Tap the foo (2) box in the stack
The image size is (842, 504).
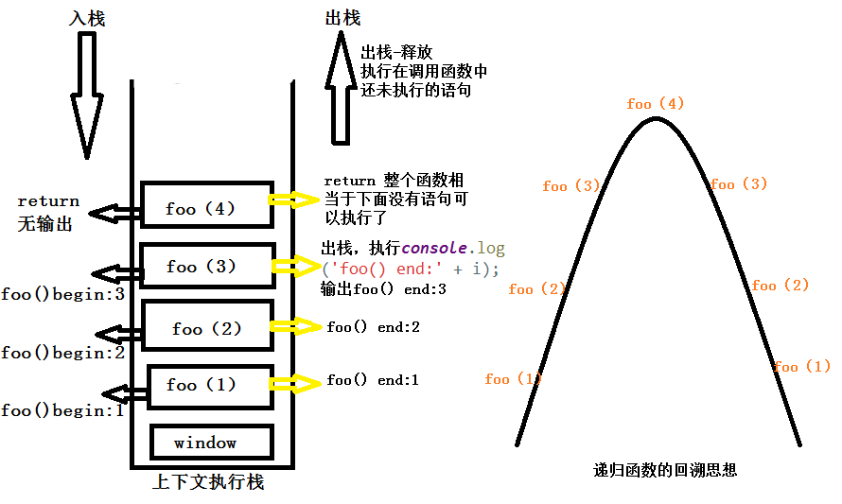point(207,327)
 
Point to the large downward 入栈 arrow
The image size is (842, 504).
point(86,95)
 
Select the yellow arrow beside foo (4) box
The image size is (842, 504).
point(294,200)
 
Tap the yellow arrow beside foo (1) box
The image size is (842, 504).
point(294,383)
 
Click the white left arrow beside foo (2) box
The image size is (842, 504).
point(119,334)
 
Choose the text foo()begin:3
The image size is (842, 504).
point(62,294)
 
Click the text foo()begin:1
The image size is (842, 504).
point(62,410)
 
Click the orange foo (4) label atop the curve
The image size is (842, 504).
point(655,104)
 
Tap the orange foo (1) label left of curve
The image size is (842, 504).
point(513,379)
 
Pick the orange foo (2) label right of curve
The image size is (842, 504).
point(781,286)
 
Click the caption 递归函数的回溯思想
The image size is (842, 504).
point(665,469)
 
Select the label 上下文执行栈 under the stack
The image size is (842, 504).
point(208,482)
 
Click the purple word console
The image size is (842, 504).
point(433,249)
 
